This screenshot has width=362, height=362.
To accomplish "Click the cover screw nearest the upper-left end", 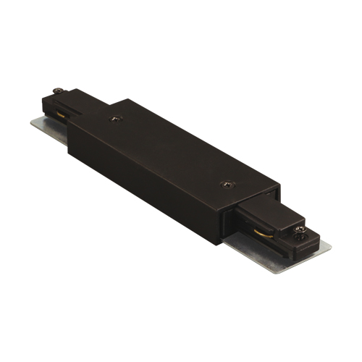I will [x=114, y=117].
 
